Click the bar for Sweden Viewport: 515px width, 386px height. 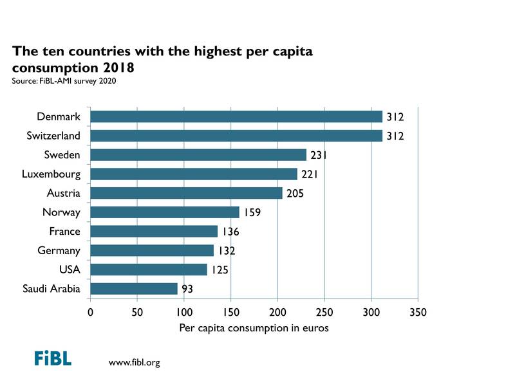(x=198, y=155)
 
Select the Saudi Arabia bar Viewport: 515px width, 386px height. (x=134, y=289)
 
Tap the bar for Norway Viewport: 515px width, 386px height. (x=165, y=212)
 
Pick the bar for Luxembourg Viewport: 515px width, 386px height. (x=194, y=174)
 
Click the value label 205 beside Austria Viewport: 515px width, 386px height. (x=295, y=194)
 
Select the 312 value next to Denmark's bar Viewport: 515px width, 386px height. (x=395, y=117)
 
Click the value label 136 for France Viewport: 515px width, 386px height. (x=230, y=232)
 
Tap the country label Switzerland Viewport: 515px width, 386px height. (x=54, y=136)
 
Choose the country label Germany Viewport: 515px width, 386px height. (x=59, y=251)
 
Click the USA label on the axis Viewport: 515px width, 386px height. (x=70, y=270)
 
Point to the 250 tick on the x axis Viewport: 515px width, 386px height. (x=324, y=313)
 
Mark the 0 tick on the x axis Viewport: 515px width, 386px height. (x=90, y=313)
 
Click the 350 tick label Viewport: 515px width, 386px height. (x=418, y=313)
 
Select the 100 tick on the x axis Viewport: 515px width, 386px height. (x=184, y=313)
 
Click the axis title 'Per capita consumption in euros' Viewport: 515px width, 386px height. (x=254, y=329)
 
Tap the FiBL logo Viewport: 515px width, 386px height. (x=53, y=358)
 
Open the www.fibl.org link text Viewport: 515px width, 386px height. (x=135, y=363)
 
